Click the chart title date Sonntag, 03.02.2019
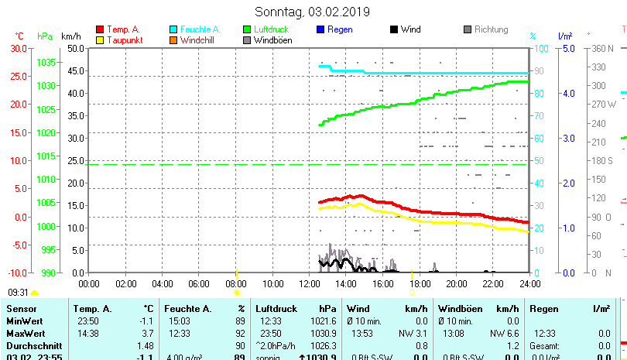tap(312, 12)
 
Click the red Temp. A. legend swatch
tap(100, 29)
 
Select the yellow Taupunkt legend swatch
tap(100, 39)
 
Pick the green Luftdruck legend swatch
tap(247, 29)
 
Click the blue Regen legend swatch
tap(320, 29)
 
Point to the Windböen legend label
tap(272, 39)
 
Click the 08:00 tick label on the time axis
tap(236, 284)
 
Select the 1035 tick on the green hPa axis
tap(46, 62)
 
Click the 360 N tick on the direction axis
tap(601, 48)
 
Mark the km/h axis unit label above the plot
tap(70, 36)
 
